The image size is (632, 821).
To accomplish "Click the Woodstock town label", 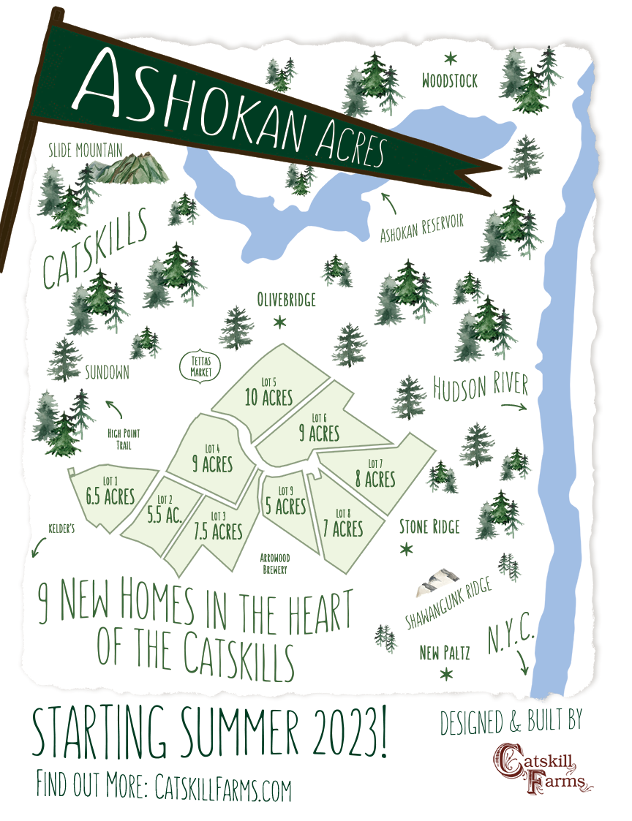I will tap(449, 80).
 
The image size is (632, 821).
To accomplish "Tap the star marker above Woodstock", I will tap(450, 57).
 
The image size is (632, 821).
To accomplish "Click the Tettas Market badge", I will tap(200, 365).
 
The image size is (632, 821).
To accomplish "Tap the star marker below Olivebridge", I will tap(279, 321).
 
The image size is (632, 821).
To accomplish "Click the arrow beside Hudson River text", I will tap(514, 406).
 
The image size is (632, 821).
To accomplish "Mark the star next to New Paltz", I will tap(444, 673).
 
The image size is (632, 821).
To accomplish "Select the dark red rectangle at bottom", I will tap(543, 768).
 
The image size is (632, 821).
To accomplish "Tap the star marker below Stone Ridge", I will tap(406, 549).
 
